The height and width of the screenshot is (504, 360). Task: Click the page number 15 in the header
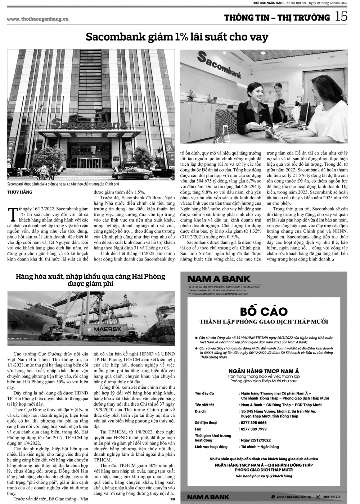(x=342, y=17)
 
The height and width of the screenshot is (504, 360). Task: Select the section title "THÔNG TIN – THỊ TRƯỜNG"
(x=277, y=17)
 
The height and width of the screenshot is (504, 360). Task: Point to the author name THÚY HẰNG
(x=20, y=192)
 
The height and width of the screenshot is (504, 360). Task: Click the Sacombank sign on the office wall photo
(x=220, y=65)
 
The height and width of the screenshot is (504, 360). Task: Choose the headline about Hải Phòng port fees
(x=90, y=280)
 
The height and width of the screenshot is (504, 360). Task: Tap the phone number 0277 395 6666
(x=254, y=423)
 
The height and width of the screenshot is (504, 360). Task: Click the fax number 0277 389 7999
(x=254, y=429)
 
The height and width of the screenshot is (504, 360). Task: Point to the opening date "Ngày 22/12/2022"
(x=256, y=440)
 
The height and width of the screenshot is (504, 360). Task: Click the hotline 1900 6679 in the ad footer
(x=330, y=497)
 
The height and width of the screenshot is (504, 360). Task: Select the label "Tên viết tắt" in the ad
(x=204, y=405)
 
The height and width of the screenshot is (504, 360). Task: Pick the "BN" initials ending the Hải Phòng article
(x=172, y=499)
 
